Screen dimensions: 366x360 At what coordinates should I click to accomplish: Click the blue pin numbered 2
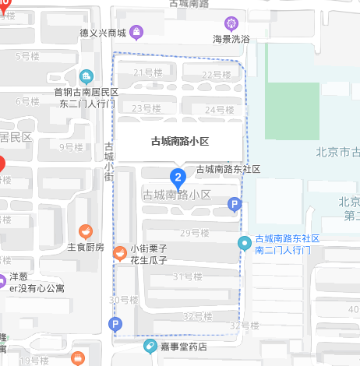(178, 177)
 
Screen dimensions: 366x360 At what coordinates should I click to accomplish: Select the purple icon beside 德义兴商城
(136, 33)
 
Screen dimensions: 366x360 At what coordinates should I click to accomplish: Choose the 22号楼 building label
(217, 76)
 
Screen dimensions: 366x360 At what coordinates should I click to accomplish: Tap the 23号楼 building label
(146, 108)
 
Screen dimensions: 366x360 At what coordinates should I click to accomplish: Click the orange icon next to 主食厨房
(86, 231)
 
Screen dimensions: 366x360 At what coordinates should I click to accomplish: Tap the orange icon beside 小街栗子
(120, 252)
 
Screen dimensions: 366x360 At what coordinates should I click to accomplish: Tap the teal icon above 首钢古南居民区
(86, 77)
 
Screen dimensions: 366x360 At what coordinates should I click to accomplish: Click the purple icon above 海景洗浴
(231, 23)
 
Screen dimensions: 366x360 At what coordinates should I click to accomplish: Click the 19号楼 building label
(34, 360)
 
